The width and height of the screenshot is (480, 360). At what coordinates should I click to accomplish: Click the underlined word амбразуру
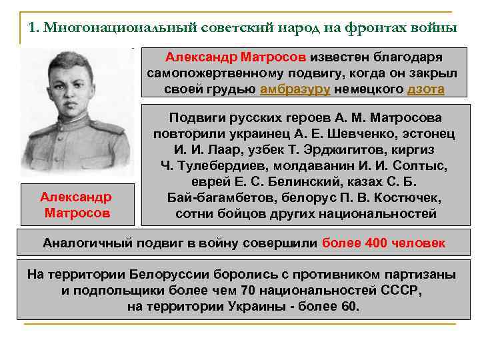pos(295,89)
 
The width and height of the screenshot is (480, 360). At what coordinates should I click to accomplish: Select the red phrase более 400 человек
pos(383,243)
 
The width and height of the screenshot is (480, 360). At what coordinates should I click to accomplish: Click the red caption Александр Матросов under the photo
pos(77,205)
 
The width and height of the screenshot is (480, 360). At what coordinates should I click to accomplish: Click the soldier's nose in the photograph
pos(75,89)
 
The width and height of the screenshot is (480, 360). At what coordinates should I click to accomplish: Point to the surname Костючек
pos(405,197)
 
